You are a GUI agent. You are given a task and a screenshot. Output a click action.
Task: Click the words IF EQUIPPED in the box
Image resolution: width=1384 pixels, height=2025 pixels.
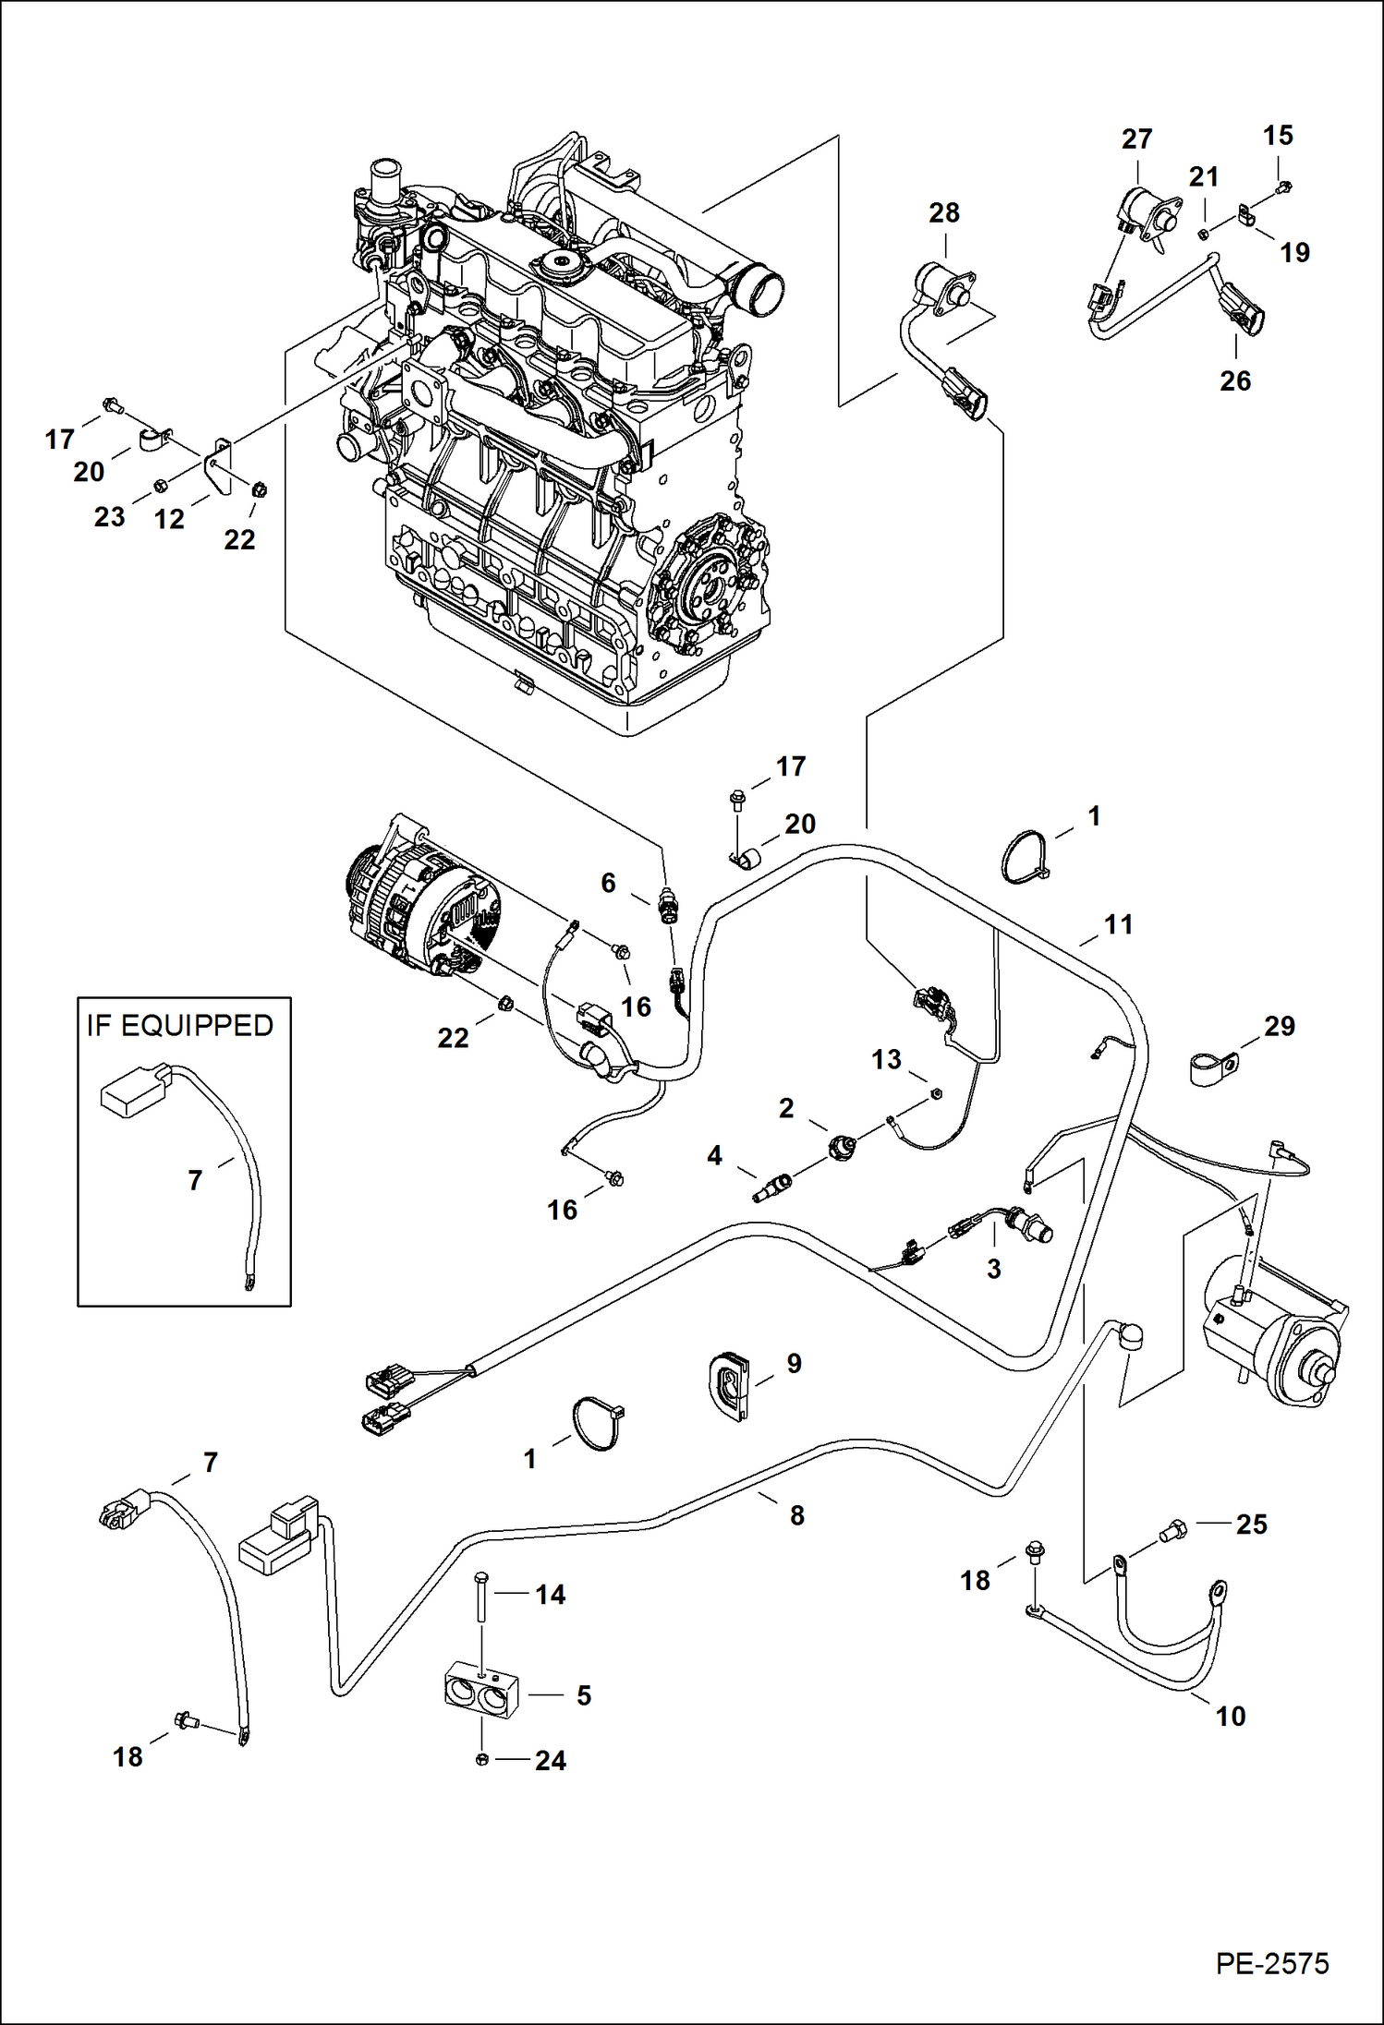(180, 1026)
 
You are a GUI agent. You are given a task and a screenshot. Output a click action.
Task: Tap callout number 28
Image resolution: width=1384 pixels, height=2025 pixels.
(943, 213)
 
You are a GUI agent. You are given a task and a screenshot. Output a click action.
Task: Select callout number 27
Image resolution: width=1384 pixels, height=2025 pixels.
(1136, 139)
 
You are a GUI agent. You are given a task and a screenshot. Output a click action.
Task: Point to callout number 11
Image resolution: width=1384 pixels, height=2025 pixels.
(1118, 924)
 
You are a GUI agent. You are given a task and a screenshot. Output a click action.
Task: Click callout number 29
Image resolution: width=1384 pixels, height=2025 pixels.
(1279, 1026)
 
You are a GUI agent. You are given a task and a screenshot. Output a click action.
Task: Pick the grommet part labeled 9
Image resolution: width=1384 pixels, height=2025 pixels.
(730, 1381)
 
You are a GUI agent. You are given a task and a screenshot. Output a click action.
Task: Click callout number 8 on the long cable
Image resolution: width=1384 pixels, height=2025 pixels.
(796, 1515)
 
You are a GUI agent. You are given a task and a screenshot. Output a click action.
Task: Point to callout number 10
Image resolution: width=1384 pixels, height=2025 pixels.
(1230, 1717)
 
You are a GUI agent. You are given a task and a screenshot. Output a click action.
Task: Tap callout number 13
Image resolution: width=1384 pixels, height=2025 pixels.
(886, 1059)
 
